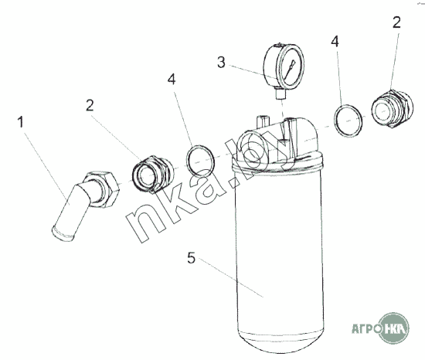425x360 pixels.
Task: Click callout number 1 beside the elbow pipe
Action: (x=21, y=122)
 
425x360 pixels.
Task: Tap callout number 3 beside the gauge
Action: (x=221, y=63)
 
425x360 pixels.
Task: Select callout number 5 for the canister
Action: (x=191, y=258)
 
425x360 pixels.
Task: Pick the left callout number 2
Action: (x=90, y=105)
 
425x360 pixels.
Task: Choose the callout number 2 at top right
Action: (x=396, y=22)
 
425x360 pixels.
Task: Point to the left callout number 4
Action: (x=172, y=80)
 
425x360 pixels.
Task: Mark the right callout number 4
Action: (x=335, y=42)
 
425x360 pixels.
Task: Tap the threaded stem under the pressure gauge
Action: (x=280, y=93)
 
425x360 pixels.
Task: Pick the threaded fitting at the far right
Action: (x=393, y=109)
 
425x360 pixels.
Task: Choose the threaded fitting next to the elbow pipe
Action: (x=153, y=174)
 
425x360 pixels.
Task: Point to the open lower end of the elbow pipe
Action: (x=63, y=234)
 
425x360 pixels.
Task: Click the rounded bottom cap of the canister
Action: (x=280, y=343)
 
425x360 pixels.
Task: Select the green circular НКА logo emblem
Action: (x=393, y=328)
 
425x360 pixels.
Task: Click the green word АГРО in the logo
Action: (x=366, y=329)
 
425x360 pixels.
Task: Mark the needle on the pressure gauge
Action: (x=291, y=68)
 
